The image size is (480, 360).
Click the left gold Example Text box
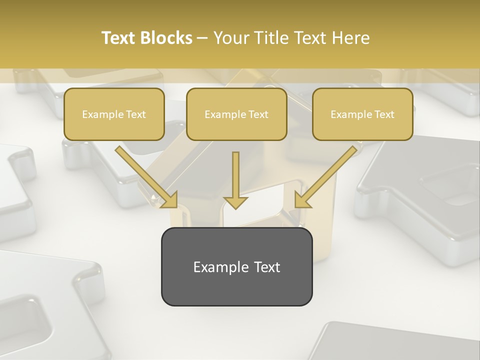pos(114,114)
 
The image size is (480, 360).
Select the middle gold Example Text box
pos(236,114)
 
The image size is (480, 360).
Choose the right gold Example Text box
pos(362,114)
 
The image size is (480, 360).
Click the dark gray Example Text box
pos(236,266)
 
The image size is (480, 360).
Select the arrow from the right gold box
pos(328,175)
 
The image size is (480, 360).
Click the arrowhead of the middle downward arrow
pos(235,201)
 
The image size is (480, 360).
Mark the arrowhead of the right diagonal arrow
pos(303,199)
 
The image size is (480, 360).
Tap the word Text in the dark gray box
pos(267,267)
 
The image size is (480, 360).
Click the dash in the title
pos(202,38)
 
